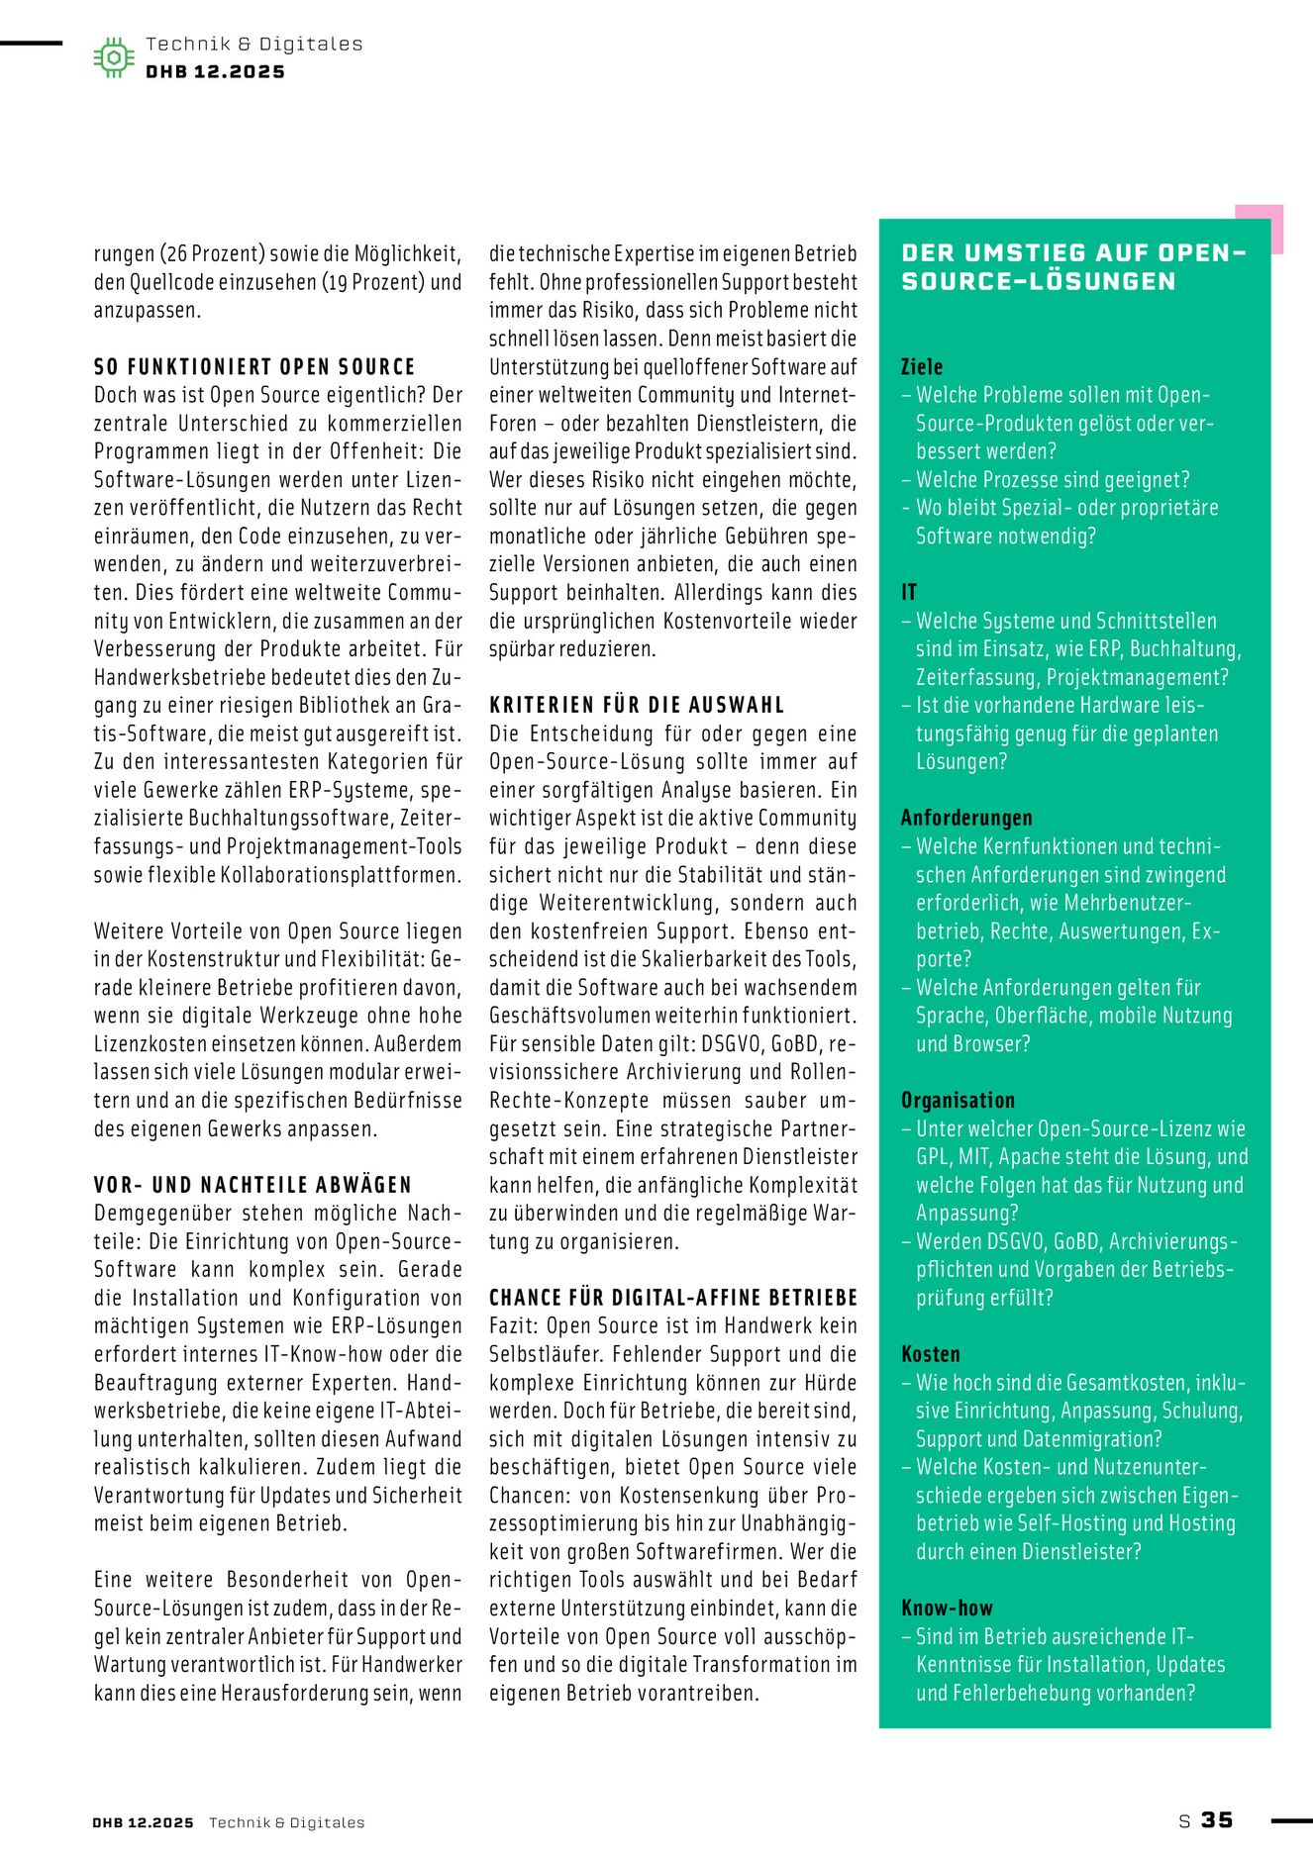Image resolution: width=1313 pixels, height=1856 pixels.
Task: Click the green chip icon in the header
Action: (x=114, y=57)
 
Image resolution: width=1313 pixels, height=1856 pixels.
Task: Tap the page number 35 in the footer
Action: (x=1217, y=1819)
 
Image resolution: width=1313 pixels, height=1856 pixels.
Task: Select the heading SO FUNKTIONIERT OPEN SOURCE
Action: (x=254, y=367)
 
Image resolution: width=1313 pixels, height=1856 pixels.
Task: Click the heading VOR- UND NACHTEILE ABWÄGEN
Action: (x=252, y=1185)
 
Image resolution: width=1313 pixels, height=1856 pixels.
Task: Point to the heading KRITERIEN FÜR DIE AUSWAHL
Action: (x=637, y=705)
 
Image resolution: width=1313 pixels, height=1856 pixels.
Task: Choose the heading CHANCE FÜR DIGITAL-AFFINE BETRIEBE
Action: (x=673, y=1298)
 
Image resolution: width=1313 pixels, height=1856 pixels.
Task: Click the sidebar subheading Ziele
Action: (x=922, y=367)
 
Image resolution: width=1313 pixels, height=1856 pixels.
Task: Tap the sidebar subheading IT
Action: (x=909, y=593)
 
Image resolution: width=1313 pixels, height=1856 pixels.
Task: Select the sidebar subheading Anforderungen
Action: (x=966, y=818)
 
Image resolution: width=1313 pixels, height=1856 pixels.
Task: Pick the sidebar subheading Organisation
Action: (x=958, y=1100)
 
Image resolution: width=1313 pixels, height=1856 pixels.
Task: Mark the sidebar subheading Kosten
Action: (x=930, y=1354)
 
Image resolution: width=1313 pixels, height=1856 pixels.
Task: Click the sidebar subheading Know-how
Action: (x=947, y=1609)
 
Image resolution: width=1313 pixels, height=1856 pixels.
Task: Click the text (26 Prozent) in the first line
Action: (x=210, y=253)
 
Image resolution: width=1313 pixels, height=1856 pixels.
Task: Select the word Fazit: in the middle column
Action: (x=514, y=1326)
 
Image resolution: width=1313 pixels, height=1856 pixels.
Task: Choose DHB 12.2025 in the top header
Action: (x=215, y=72)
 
